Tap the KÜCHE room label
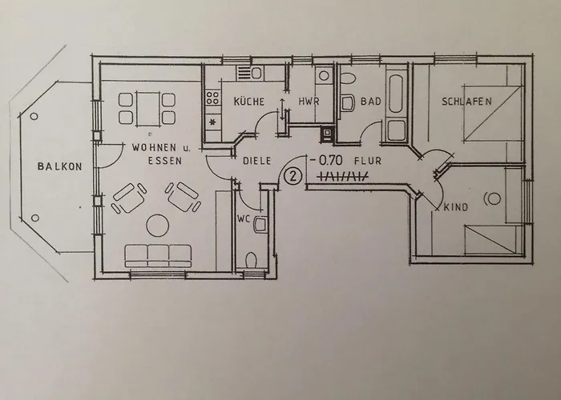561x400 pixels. pos(249,102)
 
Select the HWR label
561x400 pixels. pos(309,102)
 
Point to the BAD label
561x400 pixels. pos(369,102)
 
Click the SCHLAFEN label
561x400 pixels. pos(466,102)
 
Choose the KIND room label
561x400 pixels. pos(455,207)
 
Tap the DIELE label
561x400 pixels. pos(256,160)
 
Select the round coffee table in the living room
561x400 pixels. pos(157,226)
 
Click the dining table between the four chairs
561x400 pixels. pos(147,108)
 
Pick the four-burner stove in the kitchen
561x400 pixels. pos(213,100)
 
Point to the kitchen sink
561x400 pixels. pos(256,74)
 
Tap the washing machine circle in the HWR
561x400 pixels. pos(322,76)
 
